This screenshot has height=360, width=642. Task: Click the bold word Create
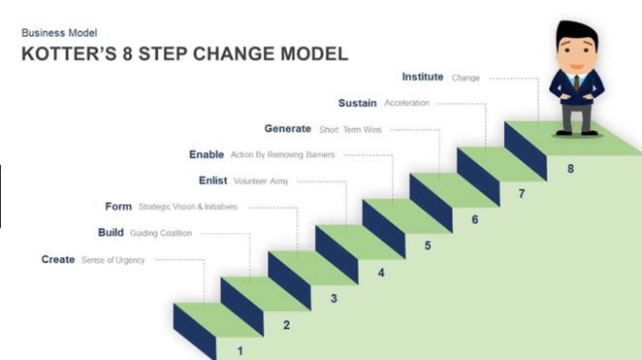[x=57, y=260]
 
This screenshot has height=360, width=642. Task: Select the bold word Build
[x=111, y=233]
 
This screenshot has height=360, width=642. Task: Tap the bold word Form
[x=118, y=207]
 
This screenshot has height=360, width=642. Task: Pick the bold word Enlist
[x=212, y=180]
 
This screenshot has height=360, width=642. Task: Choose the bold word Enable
[x=206, y=154]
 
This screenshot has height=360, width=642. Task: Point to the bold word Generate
[x=287, y=129]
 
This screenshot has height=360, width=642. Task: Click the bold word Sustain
[x=357, y=103]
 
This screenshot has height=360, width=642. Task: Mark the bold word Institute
[x=422, y=78]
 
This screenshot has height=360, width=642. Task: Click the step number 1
[x=241, y=351]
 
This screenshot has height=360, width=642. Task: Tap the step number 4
[x=381, y=273]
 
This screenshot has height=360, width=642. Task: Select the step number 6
[x=474, y=220]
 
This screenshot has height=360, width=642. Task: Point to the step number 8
[x=570, y=169]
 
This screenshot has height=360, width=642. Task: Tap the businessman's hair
[x=575, y=30]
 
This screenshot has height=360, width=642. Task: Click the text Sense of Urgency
[x=112, y=260]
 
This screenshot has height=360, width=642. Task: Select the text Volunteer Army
[x=261, y=180]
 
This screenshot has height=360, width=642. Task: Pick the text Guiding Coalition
[x=161, y=233]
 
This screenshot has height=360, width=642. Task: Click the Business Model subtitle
[x=59, y=33]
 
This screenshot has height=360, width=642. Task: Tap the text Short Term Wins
[x=350, y=129]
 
